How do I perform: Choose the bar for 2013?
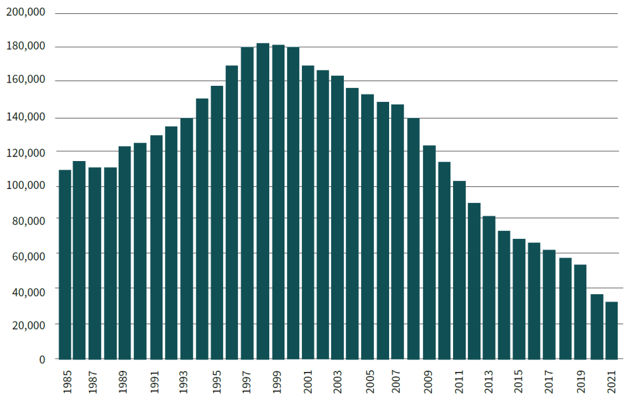coord(490,287)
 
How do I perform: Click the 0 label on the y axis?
coord(42,359)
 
